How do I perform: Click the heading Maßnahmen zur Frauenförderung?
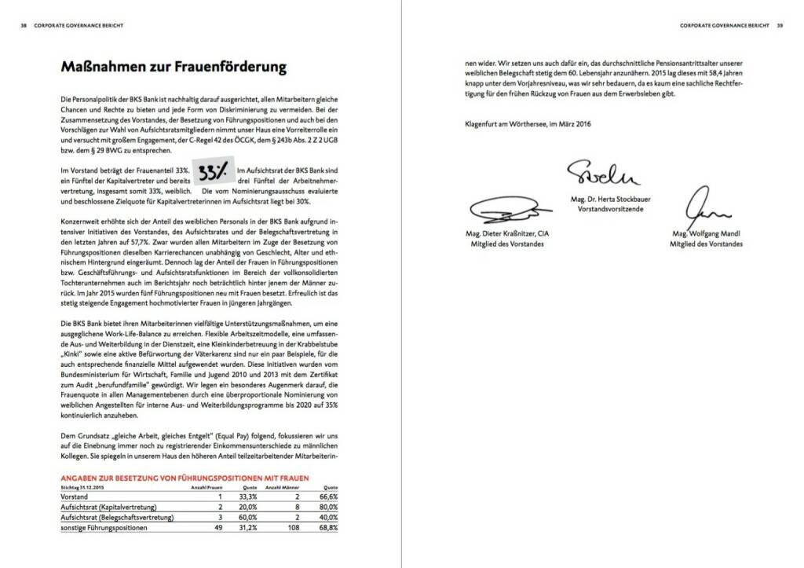click(173, 68)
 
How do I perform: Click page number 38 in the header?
click(24, 25)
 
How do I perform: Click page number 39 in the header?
click(780, 25)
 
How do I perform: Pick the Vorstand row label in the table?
click(75, 497)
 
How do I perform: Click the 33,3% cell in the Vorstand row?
click(248, 497)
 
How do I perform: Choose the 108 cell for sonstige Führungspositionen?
click(294, 528)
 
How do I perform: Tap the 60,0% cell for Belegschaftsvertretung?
click(248, 518)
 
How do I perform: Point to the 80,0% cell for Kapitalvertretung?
click(328, 508)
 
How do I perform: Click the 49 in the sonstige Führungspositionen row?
click(219, 528)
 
